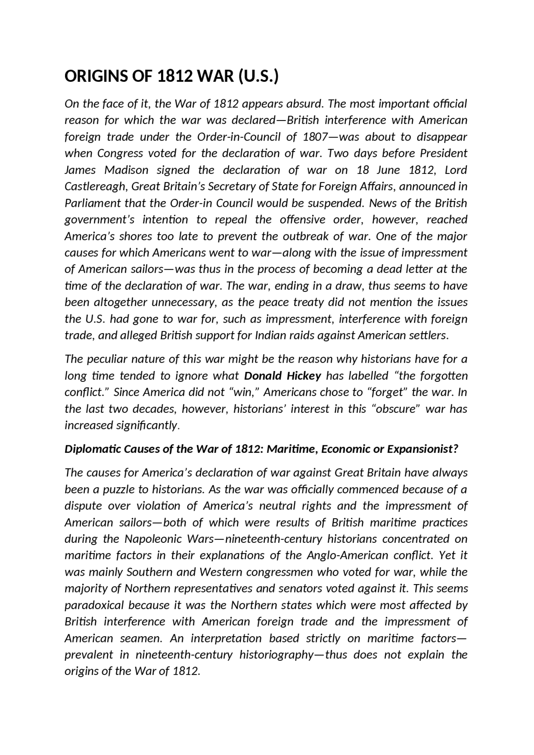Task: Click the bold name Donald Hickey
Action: point(282,376)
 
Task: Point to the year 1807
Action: point(316,137)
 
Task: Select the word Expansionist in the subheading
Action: point(423,449)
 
